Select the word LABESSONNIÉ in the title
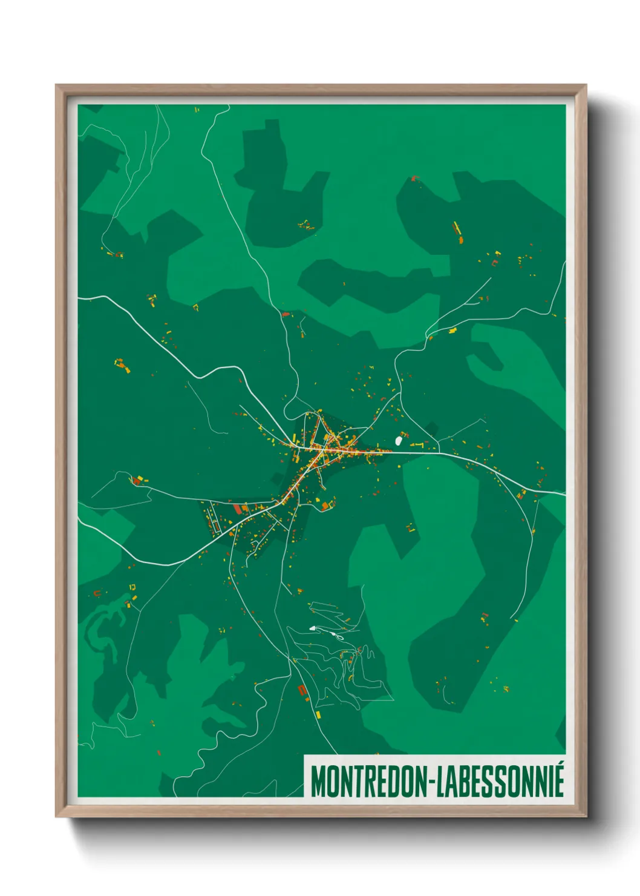pyautogui.click(x=500, y=782)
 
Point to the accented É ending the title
pyautogui.click(x=559, y=780)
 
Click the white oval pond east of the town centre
pyautogui.click(x=399, y=441)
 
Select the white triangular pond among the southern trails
pyautogui.click(x=313, y=628)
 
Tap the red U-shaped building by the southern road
pyautogui.click(x=302, y=690)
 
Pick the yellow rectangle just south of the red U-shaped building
pyautogui.click(x=318, y=715)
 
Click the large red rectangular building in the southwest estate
pyautogui.click(x=238, y=509)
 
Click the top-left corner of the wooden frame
pyautogui.click(x=56, y=85)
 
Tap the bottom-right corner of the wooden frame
pyautogui.click(x=586, y=816)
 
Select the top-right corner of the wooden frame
pyautogui.click(x=586, y=85)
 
